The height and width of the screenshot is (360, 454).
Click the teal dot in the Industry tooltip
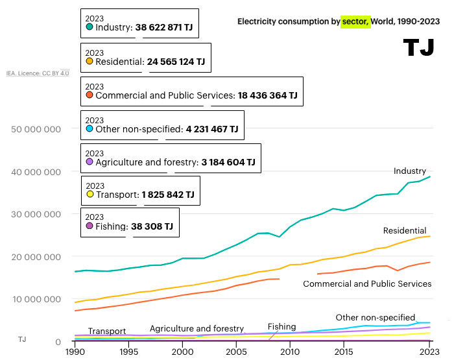pyautogui.click(x=90, y=28)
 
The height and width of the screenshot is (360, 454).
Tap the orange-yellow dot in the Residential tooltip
pyautogui.click(x=90, y=62)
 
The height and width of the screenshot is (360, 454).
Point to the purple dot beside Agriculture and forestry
pyautogui.click(x=90, y=162)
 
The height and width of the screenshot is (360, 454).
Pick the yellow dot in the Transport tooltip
pyautogui.click(x=90, y=194)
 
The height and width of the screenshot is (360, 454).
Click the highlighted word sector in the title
pyautogui.click(x=355, y=21)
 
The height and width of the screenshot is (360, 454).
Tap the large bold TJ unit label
pyautogui.click(x=418, y=47)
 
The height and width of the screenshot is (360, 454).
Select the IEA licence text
pyautogui.click(x=38, y=73)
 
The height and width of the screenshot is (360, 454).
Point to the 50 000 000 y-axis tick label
pyautogui.click(x=36, y=129)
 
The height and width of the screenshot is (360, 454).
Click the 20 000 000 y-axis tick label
pyautogui.click(x=36, y=257)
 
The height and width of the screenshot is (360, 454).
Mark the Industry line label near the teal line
pyautogui.click(x=410, y=171)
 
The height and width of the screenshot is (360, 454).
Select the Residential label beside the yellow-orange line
pyautogui.click(x=405, y=230)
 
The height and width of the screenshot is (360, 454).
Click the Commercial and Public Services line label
pyautogui.click(x=367, y=283)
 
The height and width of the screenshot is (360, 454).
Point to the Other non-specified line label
pyautogui.click(x=375, y=317)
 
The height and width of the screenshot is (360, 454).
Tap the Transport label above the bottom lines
pyautogui.click(x=107, y=331)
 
